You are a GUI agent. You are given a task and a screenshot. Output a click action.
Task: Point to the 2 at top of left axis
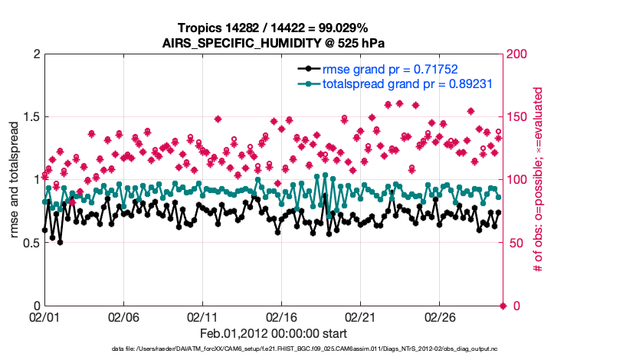click(x=35, y=54)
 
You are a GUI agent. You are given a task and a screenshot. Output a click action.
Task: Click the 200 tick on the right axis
click(x=518, y=54)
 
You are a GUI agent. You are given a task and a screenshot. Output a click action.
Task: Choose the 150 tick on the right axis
click(x=518, y=117)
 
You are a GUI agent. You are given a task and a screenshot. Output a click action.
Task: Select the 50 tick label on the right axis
click(x=515, y=243)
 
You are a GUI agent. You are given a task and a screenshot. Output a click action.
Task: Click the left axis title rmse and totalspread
click(x=15, y=180)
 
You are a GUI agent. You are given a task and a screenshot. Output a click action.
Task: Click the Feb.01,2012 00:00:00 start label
click(x=274, y=333)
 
